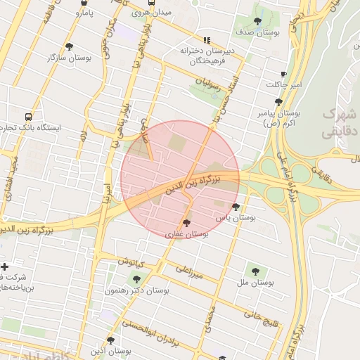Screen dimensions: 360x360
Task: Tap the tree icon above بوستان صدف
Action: (x=257, y=21)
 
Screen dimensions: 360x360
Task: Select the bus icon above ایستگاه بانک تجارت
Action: (x=27, y=117)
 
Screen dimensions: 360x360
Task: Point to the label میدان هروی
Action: (x=146, y=13)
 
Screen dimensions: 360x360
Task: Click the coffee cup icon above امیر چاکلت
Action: (x=283, y=74)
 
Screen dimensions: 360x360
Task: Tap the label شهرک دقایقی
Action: (x=340, y=122)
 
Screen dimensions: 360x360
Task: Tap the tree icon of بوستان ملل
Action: (x=255, y=271)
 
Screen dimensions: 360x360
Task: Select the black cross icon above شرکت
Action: (x=5, y=266)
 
